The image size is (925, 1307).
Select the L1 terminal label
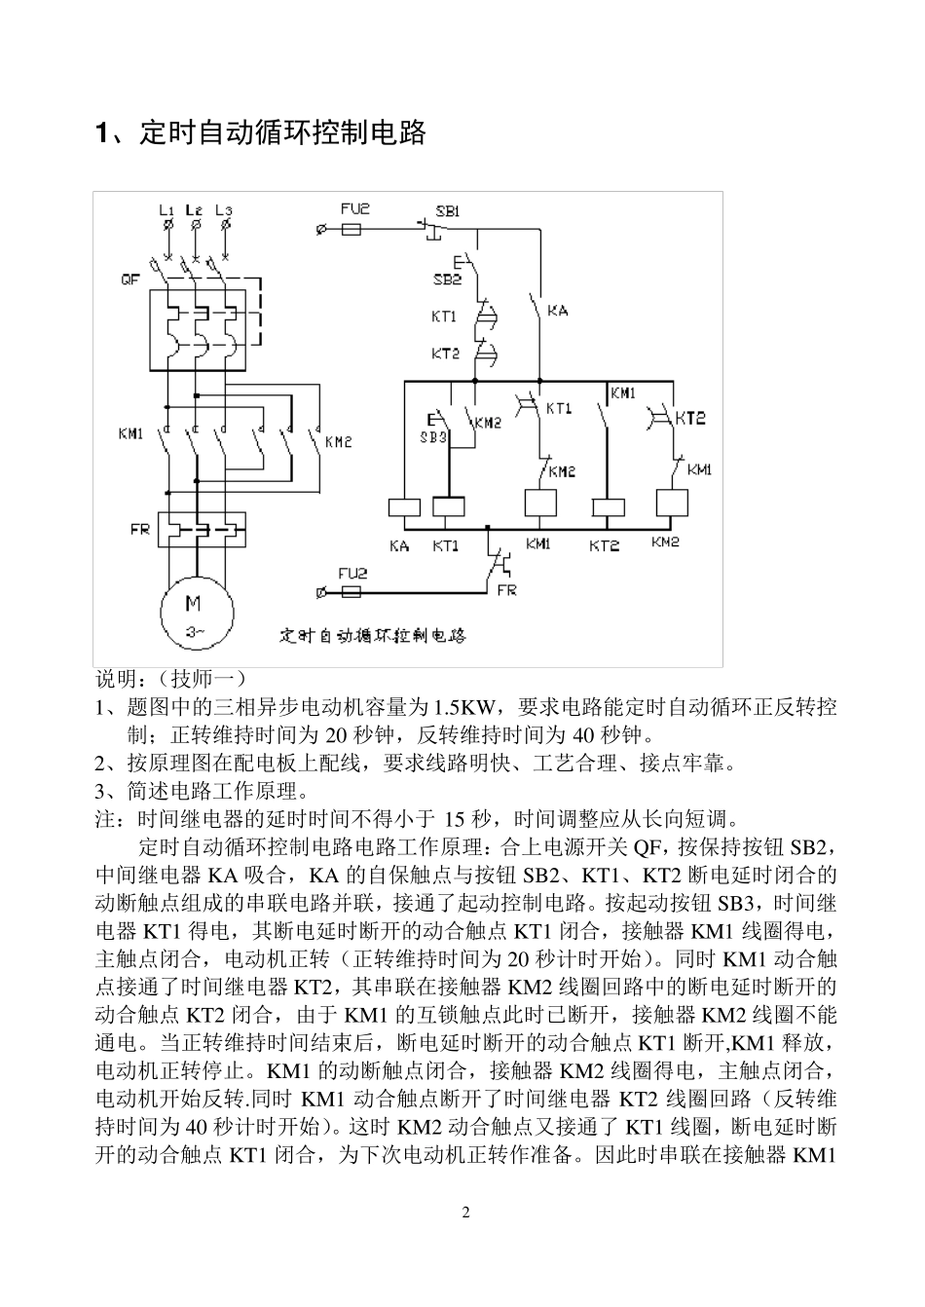(x=166, y=209)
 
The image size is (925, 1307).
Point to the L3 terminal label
(x=225, y=209)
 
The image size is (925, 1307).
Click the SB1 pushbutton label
(x=448, y=209)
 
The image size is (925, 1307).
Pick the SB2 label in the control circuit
(x=447, y=279)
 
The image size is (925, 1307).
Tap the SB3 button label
(x=432, y=438)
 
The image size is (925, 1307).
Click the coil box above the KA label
(x=404, y=506)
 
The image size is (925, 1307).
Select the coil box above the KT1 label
(x=448, y=506)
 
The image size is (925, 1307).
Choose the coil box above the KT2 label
(x=609, y=506)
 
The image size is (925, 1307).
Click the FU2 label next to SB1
(x=355, y=209)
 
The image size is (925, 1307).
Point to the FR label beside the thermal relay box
(x=140, y=531)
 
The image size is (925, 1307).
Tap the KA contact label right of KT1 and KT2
(x=557, y=311)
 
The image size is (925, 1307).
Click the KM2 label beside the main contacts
(x=338, y=442)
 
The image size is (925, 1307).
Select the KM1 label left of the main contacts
(x=131, y=433)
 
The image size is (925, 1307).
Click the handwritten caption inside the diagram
(x=373, y=636)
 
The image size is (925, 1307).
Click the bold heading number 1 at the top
(x=101, y=133)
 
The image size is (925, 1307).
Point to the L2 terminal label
(x=196, y=209)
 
